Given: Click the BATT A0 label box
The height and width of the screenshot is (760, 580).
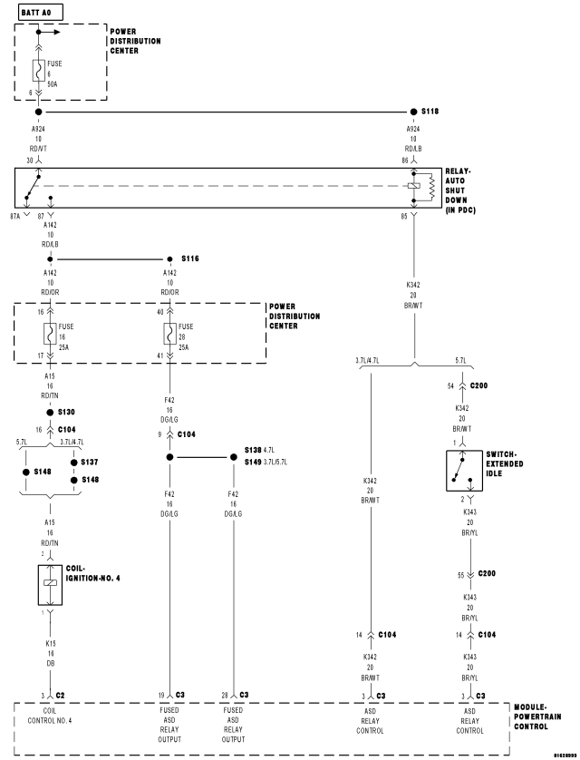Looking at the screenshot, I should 31,8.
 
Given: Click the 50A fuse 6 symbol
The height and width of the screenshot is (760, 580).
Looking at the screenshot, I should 39,69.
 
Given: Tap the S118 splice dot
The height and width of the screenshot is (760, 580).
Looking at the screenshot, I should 413,112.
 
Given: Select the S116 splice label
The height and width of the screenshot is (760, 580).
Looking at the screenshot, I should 189,258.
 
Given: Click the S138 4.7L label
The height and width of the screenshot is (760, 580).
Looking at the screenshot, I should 262,450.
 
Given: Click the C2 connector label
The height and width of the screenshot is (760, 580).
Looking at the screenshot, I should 61,694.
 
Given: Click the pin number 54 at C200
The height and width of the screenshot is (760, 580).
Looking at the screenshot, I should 450,386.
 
